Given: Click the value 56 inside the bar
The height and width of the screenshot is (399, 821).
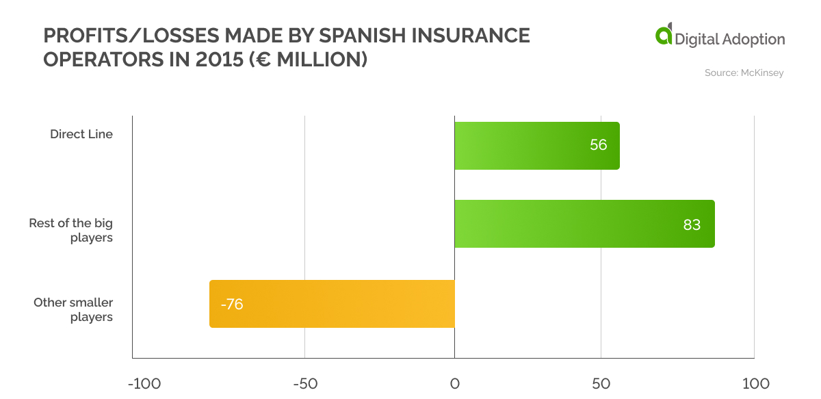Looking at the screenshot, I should [598, 146].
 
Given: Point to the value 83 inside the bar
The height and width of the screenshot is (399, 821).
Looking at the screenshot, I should [692, 224].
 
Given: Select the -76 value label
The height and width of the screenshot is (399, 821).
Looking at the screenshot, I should [232, 305].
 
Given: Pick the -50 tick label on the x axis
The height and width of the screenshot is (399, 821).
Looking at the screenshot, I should [305, 383].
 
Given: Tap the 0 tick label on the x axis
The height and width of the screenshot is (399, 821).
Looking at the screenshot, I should [454, 383].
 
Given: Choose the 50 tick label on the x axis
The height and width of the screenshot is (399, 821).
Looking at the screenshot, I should [601, 383].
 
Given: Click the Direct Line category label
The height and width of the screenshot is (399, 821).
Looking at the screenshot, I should [81, 134].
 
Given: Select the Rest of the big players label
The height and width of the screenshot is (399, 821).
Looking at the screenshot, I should [71, 231].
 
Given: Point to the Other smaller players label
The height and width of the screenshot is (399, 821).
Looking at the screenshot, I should [73, 309].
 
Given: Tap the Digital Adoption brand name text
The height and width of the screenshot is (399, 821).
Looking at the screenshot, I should [730, 40].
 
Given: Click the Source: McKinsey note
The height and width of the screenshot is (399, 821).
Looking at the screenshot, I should [744, 73].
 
